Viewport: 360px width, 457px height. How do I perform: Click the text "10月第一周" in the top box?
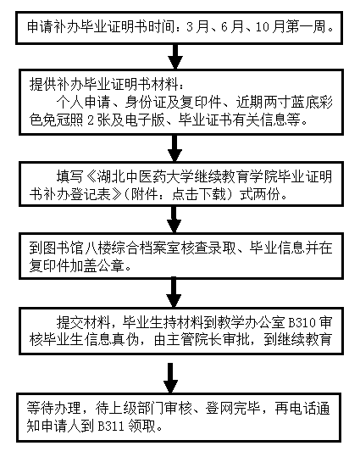[x=293, y=28]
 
